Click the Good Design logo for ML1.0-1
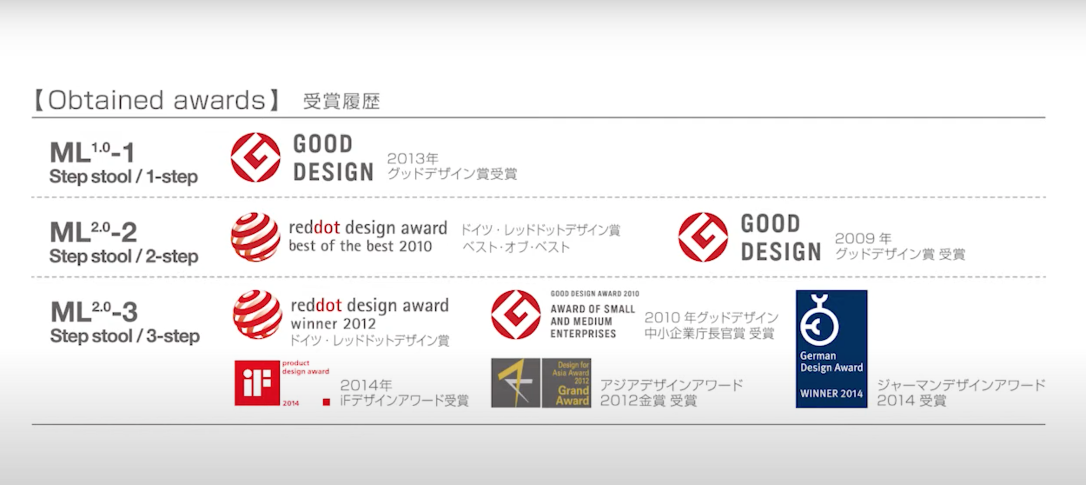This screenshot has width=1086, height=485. (255, 157)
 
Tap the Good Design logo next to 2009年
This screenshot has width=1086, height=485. (703, 237)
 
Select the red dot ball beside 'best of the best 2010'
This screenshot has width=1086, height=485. (255, 237)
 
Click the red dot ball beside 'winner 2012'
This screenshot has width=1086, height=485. (258, 315)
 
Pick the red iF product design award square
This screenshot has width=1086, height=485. (257, 383)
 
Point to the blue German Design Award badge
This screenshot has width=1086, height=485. (831, 349)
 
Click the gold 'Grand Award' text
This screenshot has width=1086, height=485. (573, 395)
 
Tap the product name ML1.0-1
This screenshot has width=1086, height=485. (92, 153)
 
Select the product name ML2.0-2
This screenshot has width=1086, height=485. (93, 232)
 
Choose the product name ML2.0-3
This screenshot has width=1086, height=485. (94, 312)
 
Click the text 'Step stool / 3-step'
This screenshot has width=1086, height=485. (125, 336)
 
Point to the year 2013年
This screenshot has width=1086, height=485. (413, 158)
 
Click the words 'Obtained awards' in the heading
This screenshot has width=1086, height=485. (156, 100)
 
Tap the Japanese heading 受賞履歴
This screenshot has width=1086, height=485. (341, 101)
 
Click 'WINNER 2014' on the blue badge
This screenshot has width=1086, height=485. (831, 394)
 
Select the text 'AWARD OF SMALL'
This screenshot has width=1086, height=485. (593, 309)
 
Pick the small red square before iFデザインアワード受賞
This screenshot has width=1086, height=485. (326, 402)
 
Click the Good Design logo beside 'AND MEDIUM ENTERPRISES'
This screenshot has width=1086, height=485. (516, 315)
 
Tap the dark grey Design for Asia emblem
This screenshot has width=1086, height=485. (516, 383)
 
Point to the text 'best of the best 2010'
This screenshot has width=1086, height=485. (360, 246)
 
